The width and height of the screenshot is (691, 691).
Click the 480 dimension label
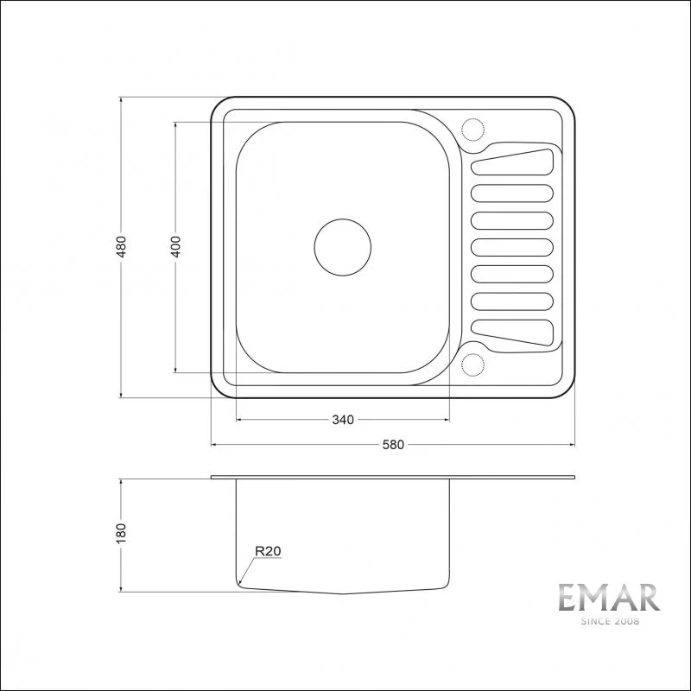(x=123, y=247)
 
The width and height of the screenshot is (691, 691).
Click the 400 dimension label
(x=175, y=247)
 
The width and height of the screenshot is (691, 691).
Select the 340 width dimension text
(x=343, y=421)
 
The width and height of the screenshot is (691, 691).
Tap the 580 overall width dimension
(x=394, y=445)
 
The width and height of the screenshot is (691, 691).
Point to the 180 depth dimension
(x=123, y=534)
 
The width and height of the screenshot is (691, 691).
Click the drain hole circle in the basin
(x=342, y=247)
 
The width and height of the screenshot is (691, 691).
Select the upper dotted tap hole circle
(x=474, y=129)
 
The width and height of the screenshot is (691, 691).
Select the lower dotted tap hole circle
(x=474, y=365)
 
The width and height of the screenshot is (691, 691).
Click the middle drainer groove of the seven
(x=511, y=247)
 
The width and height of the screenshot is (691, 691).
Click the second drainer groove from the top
(x=511, y=193)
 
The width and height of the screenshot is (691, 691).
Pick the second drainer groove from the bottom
(x=511, y=301)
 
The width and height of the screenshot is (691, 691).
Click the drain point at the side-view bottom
(x=343, y=594)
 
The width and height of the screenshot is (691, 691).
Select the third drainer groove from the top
(x=511, y=219)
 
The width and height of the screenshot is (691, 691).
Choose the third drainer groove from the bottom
(x=511, y=275)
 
